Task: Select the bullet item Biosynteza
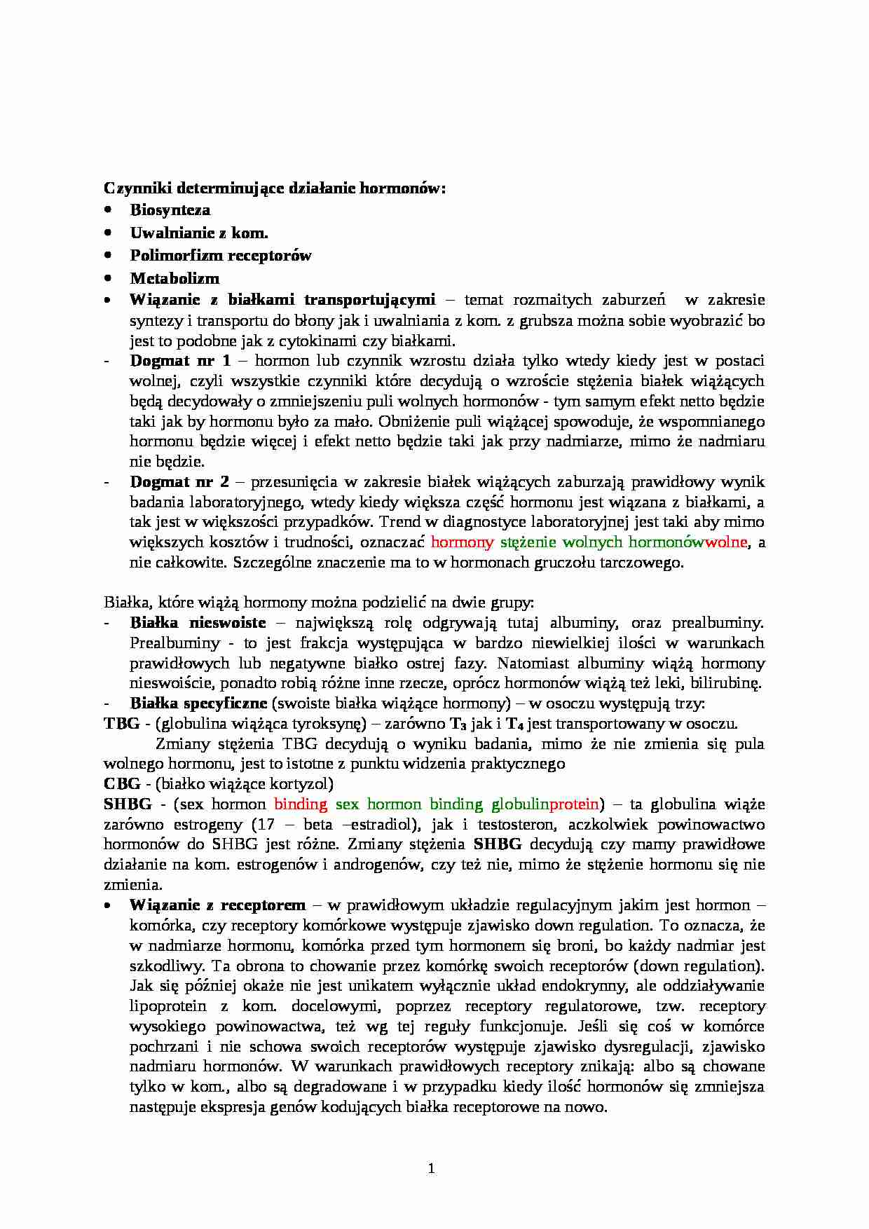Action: coord(170,210)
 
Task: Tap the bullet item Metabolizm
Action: coord(175,277)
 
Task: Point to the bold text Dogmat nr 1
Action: coord(180,361)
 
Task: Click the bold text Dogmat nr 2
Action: coord(179,481)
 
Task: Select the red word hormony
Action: coord(463,542)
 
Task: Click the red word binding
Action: coord(301,804)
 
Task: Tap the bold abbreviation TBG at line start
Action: coord(121,723)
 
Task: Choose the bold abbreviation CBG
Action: coord(122,783)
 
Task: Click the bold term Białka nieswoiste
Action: coord(198,622)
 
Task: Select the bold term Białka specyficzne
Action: coord(198,703)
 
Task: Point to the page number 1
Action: coord(432,1168)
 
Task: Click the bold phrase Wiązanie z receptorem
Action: coord(217,905)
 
